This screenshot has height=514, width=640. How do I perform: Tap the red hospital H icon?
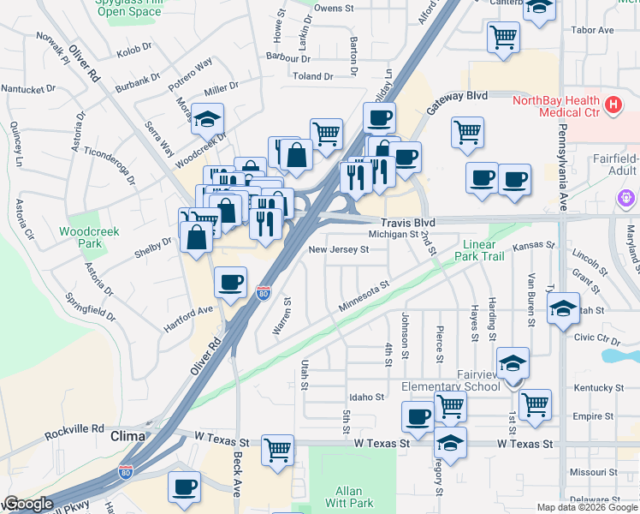[613, 105]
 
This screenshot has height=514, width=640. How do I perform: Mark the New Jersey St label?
[338, 250]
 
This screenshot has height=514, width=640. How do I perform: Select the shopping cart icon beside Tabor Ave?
[503, 36]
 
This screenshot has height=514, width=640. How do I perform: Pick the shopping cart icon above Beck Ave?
[277, 449]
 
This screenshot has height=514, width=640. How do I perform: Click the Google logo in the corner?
[28, 504]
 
